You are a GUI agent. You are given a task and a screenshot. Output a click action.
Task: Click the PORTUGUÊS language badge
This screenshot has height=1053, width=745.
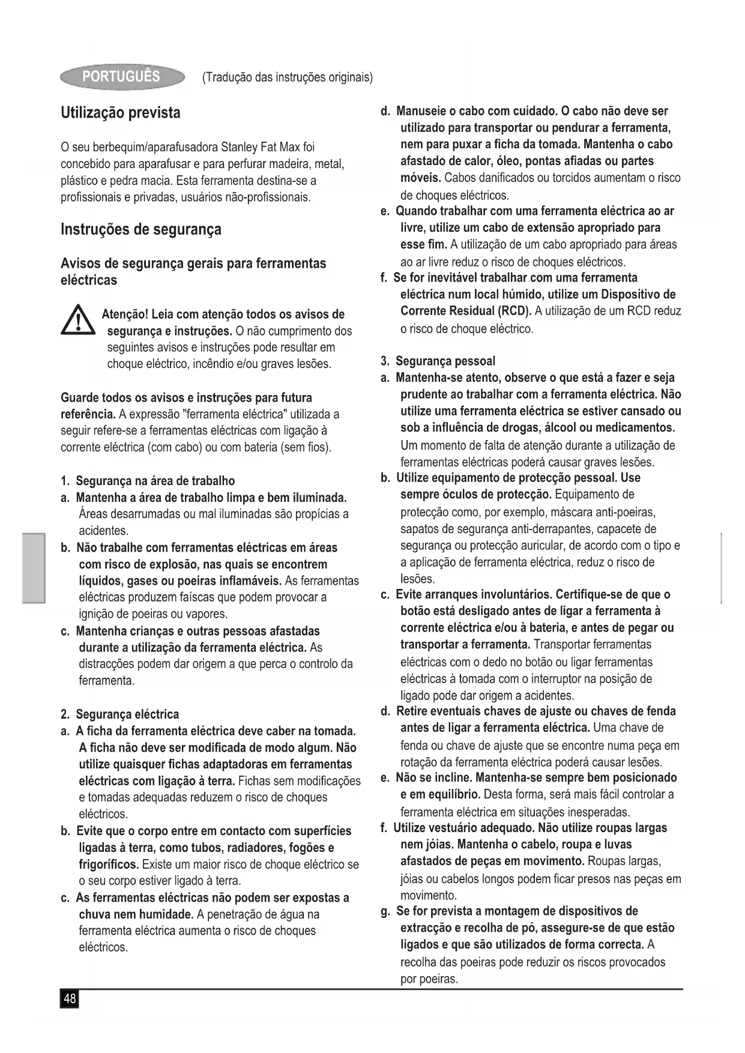tap(122, 77)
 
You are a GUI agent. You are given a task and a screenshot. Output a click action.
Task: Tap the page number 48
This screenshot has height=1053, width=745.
tap(70, 999)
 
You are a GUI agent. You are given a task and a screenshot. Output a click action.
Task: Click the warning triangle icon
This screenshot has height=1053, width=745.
tap(77, 321)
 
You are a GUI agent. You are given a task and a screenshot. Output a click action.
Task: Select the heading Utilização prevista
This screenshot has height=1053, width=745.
tap(120, 113)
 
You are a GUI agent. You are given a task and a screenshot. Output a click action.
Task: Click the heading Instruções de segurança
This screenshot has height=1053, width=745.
tap(140, 229)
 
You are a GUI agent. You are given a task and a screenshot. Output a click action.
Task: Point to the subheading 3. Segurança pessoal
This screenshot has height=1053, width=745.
tap(438, 361)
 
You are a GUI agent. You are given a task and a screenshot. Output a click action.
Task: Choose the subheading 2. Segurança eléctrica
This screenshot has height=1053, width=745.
tap(119, 714)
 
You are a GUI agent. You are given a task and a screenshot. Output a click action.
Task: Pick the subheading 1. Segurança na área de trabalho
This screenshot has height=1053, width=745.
tap(148, 481)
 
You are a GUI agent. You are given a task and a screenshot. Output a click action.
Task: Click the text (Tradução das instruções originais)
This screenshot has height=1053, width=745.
tap(288, 77)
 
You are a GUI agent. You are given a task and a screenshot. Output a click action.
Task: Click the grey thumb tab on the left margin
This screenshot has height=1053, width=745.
tap(34, 567)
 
